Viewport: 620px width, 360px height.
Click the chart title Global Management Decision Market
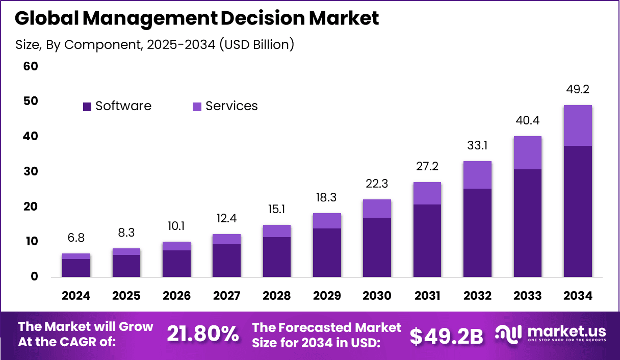pos(197,18)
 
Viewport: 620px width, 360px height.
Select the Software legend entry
pos(117,106)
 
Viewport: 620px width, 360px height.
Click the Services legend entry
pos(225,106)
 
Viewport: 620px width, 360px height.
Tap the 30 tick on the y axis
pos(31,171)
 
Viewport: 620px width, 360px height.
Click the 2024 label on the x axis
pos(76,296)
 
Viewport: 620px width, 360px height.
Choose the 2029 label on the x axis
pos(327,296)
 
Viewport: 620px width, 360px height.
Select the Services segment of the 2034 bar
pos(578,125)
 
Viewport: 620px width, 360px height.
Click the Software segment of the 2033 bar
pos(528,223)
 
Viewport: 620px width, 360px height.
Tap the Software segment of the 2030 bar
pos(377,247)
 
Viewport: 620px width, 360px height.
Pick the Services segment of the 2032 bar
pos(478,175)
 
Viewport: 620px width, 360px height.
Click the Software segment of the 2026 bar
pos(176,264)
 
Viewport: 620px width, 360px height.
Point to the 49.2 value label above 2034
pos(578,90)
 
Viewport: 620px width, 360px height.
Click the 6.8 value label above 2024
pos(76,238)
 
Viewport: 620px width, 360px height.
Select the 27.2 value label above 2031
pos(427,167)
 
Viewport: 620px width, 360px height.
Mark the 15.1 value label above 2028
pos(277,210)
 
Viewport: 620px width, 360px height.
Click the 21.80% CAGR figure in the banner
pos(203,335)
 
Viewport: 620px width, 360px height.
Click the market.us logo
pos(551,335)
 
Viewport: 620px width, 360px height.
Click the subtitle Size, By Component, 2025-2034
pos(154,44)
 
